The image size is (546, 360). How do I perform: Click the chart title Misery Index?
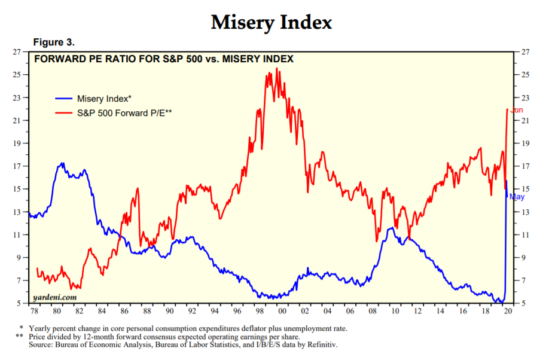click(271, 22)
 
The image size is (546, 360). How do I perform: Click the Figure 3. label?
click(53, 42)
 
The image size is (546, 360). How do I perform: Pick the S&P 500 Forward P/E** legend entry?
click(123, 112)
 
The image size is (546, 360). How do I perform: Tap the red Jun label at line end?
click(517, 110)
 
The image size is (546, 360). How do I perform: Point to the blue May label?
click(517, 197)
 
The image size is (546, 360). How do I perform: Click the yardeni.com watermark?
click(54, 297)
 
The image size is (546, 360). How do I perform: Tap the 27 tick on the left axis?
click(17, 52)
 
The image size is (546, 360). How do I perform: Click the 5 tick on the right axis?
click(524, 304)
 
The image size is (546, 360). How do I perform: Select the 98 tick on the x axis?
click(261, 312)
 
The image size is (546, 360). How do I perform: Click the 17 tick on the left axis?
click(17, 166)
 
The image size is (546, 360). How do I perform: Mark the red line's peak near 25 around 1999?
click(276, 69)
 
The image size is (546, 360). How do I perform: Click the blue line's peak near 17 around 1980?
click(62, 163)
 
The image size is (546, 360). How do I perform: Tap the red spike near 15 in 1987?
click(138, 189)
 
